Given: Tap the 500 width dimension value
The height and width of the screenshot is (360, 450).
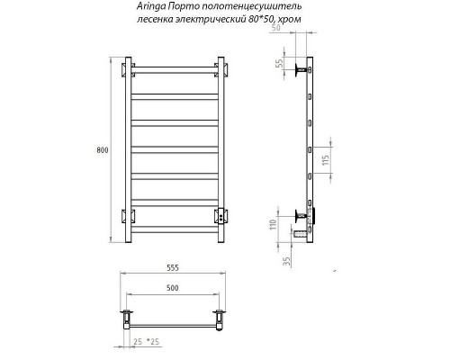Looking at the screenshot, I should coord(176,288).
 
